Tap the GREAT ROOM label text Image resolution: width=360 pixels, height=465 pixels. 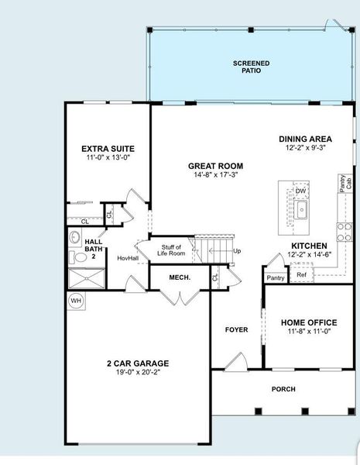(x=216, y=166)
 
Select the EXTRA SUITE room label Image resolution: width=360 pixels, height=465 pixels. (x=108, y=148)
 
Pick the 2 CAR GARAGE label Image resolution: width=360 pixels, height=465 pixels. (x=138, y=363)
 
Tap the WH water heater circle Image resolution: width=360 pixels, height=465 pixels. (x=76, y=300)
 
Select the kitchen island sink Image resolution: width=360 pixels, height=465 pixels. (x=303, y=210)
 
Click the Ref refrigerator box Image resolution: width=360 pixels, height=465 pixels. (x=301, y=274)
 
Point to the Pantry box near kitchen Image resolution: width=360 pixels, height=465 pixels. (x=276, y=277)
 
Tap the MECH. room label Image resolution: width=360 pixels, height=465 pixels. (x=180, y=277)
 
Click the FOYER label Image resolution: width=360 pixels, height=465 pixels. (x=236, y=330)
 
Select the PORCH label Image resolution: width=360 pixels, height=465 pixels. (x=283, y=389)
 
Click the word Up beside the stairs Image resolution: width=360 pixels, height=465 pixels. (x=237, y=251)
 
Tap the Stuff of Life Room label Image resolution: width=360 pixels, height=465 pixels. (x=171, y=250)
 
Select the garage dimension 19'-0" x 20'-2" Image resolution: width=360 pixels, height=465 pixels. (x=138, y=372)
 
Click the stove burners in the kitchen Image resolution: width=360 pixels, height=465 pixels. (x=343, y=231)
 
